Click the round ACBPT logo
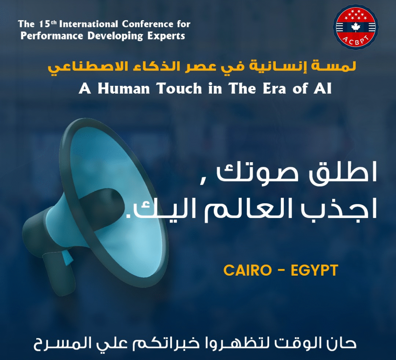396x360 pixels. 356,27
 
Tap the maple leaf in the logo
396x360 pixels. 355,27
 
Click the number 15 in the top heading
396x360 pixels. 44,24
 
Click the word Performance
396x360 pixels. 52,36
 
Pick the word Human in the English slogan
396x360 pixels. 124,89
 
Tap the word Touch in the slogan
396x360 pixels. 179,89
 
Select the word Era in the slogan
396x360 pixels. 274,89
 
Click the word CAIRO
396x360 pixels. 247,270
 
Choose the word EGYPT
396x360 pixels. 314,270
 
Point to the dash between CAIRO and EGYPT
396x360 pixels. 281,271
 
